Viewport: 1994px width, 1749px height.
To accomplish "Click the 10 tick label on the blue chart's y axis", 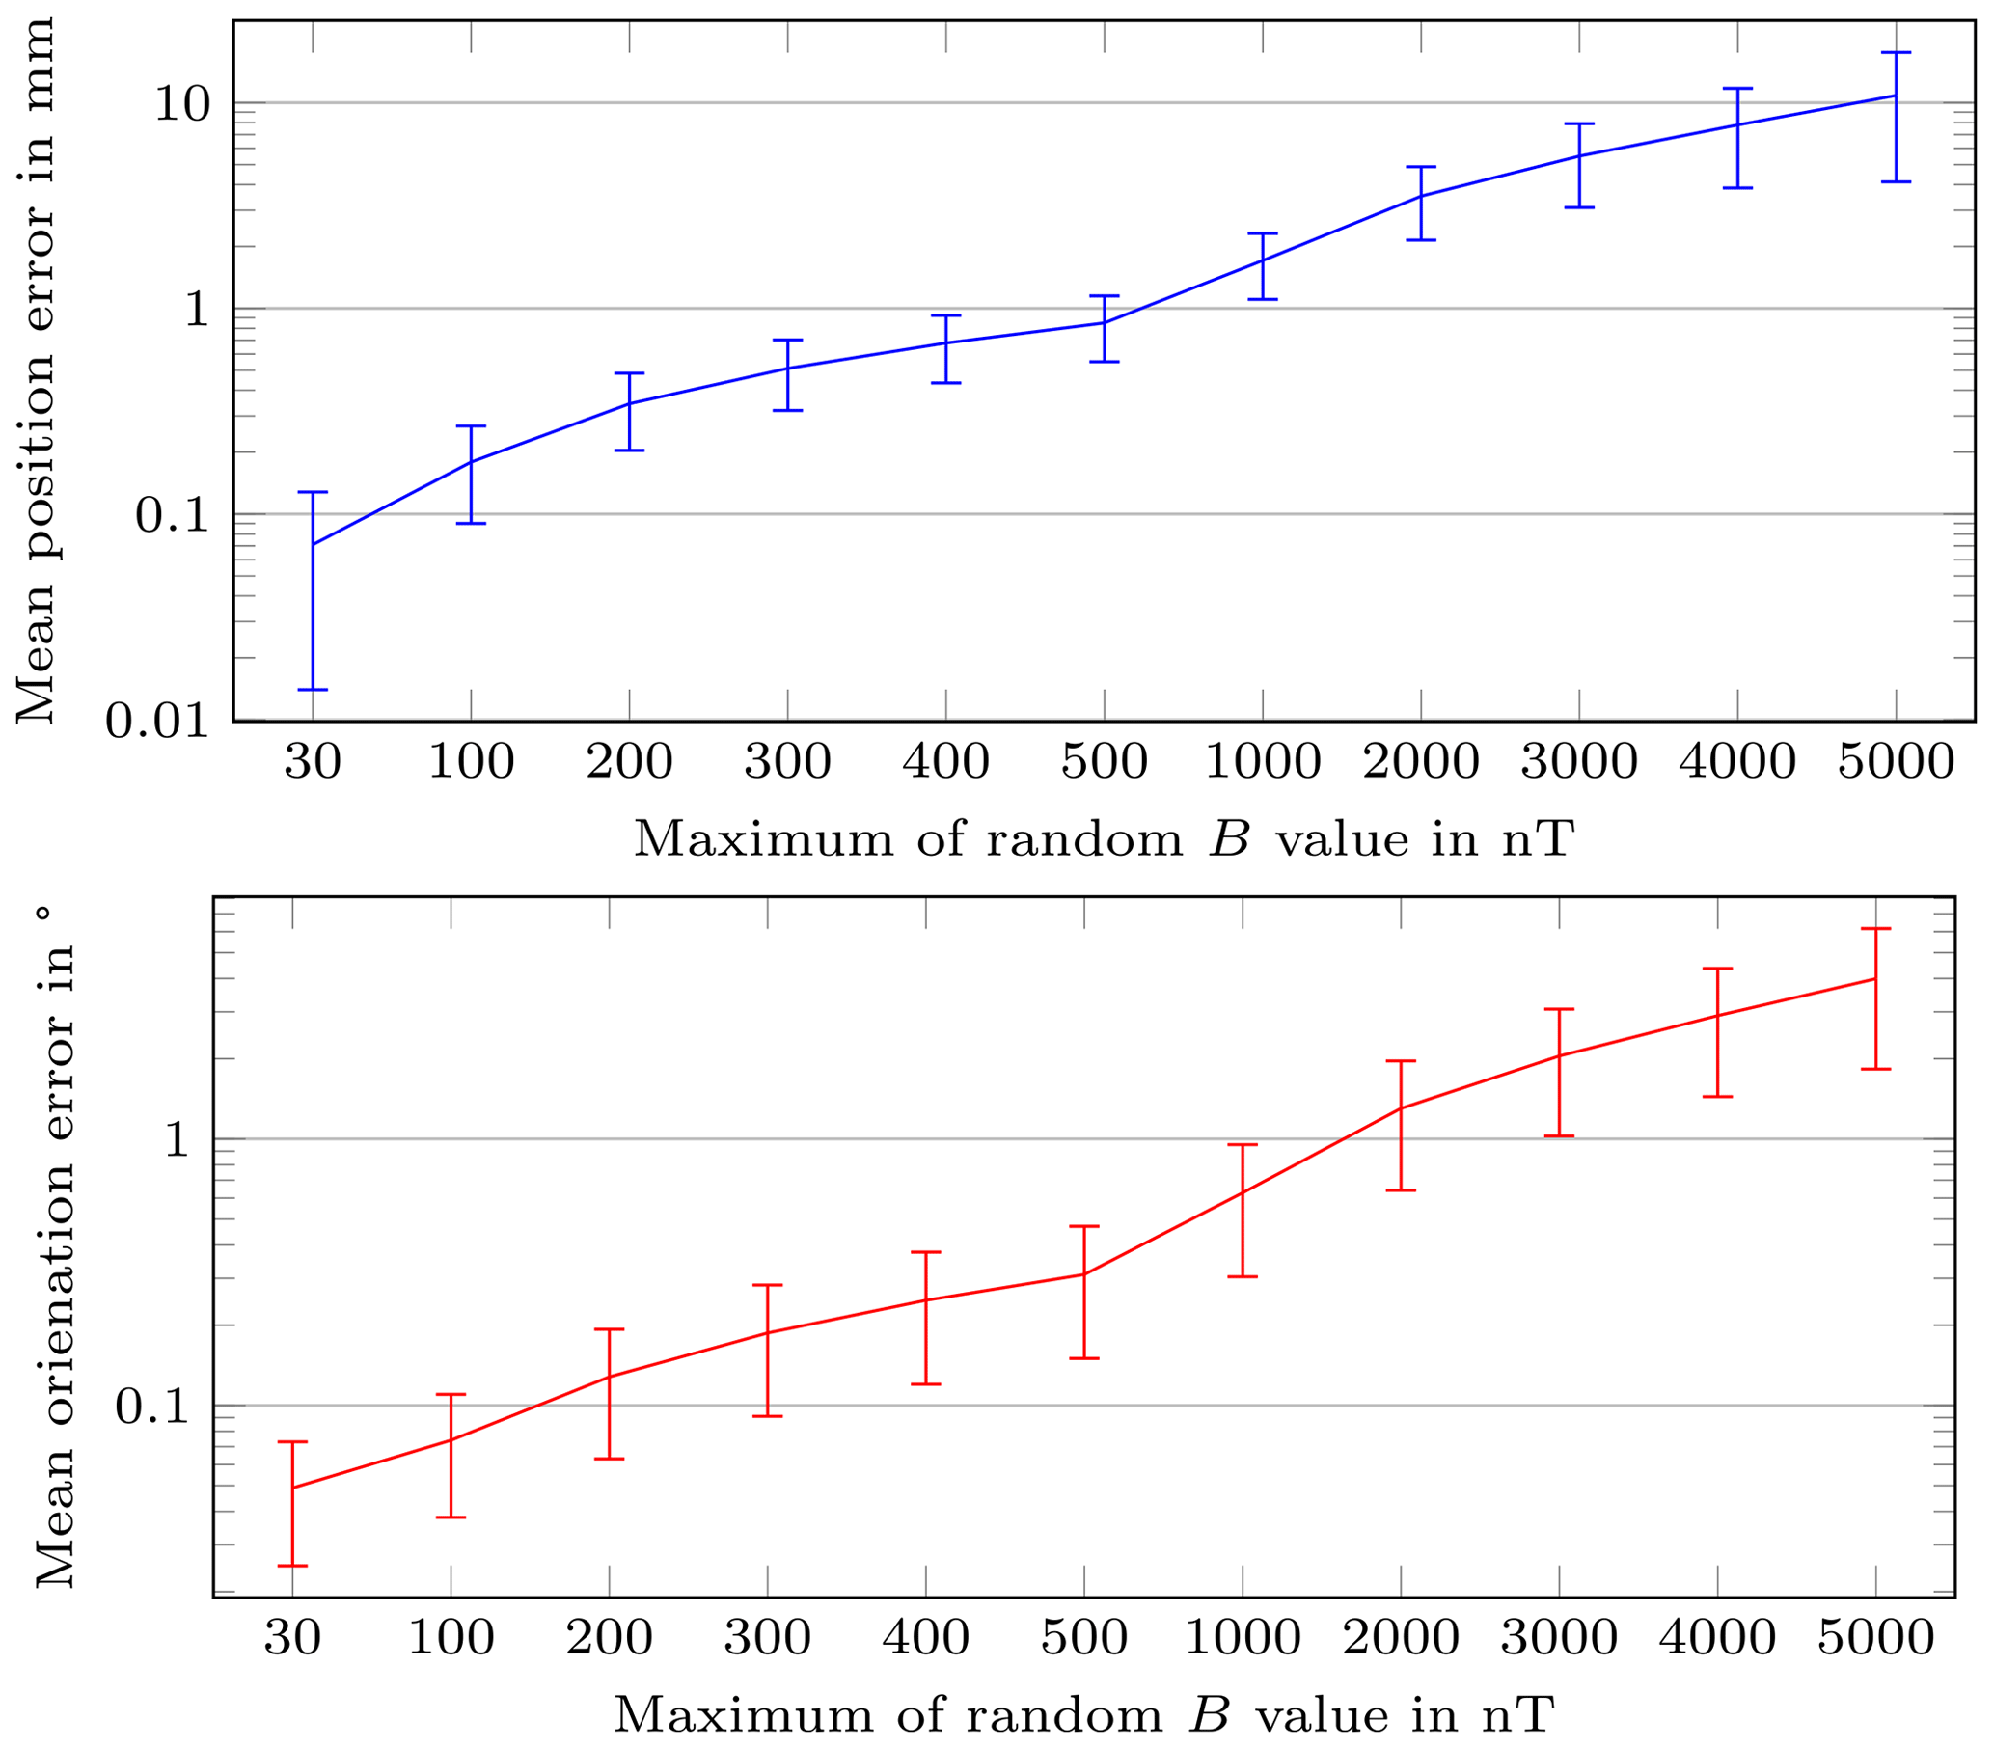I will [182, 103].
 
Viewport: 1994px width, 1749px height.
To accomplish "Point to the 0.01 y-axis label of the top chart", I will [157, 721].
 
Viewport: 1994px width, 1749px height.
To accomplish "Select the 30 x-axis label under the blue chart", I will [313, 761].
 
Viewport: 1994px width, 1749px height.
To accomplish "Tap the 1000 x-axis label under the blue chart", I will [1263, 761].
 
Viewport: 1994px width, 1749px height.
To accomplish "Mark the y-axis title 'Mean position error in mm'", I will [36, 370].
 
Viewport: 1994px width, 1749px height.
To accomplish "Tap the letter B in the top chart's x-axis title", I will [1229, 839].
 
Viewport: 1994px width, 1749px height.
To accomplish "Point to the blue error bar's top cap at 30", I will [313, 493].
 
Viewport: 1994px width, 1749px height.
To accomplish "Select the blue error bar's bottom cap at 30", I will [313, 690].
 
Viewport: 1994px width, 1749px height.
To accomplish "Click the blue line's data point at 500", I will [1105, 323].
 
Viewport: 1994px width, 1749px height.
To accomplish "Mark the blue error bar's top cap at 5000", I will [1896, 53].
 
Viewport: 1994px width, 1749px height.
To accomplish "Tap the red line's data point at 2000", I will [1401, 1108].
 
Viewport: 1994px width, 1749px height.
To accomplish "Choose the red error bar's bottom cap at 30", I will [292, 1566].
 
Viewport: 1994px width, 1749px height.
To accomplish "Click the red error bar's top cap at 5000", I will [1875, 929].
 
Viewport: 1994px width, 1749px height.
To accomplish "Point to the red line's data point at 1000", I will [1242, 1193].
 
